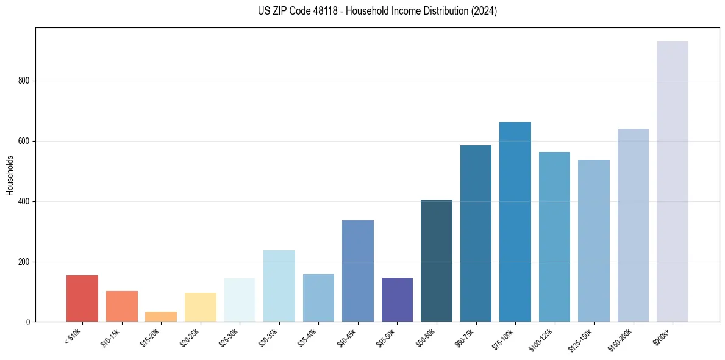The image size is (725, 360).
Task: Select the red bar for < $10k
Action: (x=82, y=298)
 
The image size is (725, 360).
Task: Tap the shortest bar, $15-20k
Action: (x=161, y=317)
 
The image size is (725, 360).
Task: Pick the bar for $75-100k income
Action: (x=515, y=222)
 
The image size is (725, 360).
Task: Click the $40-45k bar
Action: (x=358, y=271)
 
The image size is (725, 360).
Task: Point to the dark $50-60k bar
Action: (x=437, y=261)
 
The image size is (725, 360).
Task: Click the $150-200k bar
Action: (x=633, y=225)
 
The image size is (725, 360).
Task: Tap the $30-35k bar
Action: (x=279, y=286)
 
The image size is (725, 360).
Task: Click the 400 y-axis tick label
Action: (x=24, y=201)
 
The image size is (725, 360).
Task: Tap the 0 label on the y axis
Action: (x=28, y=322)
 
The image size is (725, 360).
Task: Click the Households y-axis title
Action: (x=10, y=175)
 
